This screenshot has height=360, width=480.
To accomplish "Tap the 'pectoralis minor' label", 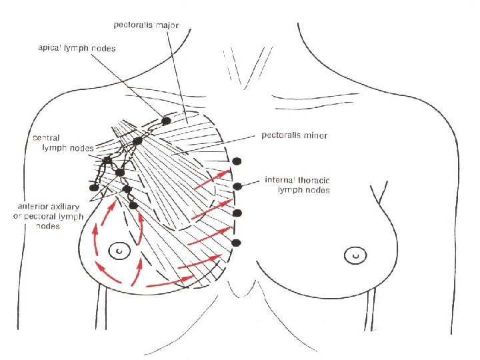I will click(298, 135).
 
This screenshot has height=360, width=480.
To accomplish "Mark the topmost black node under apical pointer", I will click(166, 121).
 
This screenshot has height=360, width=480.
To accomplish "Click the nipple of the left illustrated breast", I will click(120, 251).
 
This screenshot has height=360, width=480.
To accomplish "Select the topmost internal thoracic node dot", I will click(237, 161).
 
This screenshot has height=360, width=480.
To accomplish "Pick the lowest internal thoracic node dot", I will click(236, 243).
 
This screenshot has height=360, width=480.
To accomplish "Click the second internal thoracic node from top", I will click(237, 186).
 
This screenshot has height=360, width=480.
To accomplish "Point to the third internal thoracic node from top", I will click(237, 213).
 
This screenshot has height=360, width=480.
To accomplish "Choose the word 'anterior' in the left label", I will click(40, 207).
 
